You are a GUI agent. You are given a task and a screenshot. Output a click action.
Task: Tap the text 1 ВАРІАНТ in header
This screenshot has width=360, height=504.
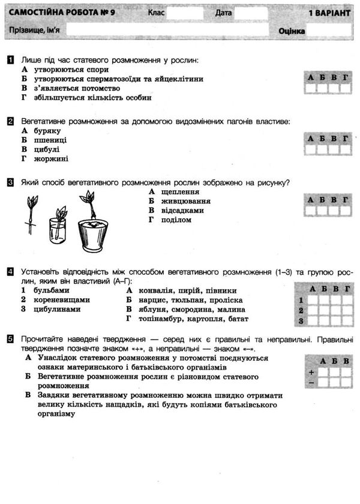(328, 13)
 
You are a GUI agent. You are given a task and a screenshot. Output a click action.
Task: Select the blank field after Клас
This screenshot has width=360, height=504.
(185, 13)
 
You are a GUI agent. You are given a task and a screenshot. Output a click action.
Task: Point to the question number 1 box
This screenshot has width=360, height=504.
(11, 60)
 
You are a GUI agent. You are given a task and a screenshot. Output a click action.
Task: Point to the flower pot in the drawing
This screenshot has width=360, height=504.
(93, 234)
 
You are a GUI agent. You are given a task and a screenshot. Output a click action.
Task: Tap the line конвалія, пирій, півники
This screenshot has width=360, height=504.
(185, 290)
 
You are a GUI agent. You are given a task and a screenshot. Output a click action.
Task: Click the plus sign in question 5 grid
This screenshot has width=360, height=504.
(311, 372)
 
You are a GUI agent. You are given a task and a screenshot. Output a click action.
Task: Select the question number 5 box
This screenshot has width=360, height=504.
(11, 339)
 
